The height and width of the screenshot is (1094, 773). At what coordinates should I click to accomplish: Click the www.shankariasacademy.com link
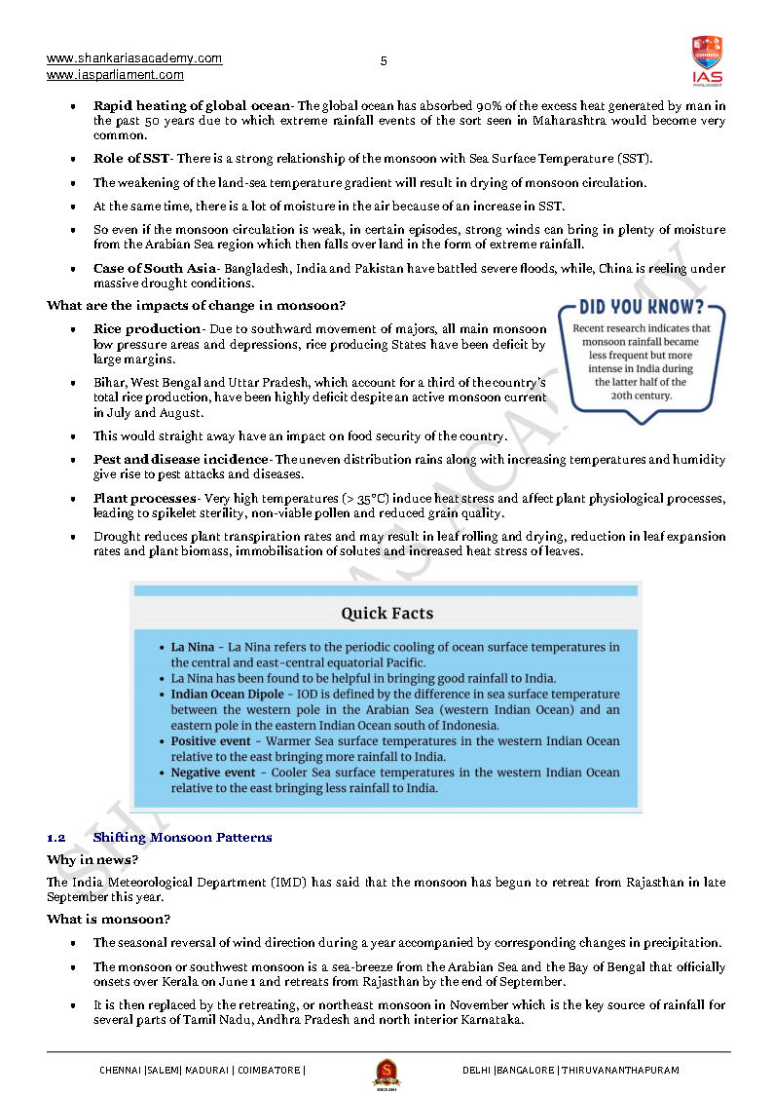click(134, 58)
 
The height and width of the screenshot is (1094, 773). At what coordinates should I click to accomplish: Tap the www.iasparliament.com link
click(115, 75)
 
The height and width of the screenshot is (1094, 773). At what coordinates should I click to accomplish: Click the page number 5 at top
click(384, 61)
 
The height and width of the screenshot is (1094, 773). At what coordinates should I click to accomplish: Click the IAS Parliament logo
click(707, 59)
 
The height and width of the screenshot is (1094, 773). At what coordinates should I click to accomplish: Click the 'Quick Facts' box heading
click(386, 614)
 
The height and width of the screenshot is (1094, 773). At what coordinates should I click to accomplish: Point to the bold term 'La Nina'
click(192, 647)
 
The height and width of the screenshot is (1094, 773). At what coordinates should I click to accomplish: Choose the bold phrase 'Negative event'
click(213, 773)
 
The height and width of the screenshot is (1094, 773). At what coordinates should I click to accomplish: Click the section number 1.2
click(55, 838)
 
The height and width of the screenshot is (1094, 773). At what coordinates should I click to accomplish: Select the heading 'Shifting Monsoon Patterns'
click(182, 838)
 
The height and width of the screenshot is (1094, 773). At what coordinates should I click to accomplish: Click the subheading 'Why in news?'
click(92, 860)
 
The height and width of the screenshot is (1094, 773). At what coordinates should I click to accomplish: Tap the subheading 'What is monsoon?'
click(109, 920)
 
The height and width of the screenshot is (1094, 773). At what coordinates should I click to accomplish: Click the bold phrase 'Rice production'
click(147, 329)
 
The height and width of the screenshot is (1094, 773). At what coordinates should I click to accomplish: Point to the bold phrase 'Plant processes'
click(144, 499)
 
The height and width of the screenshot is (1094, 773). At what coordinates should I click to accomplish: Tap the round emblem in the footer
click(386, 1073)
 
